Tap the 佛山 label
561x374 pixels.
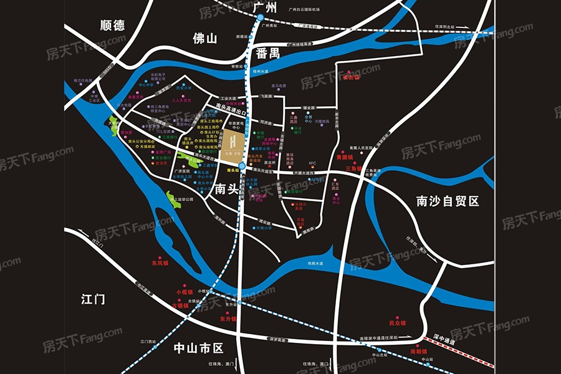tap(204, 39)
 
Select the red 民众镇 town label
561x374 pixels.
tap(397, 323)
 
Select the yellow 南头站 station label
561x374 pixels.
tap(234, 170)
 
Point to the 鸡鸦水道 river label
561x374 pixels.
tap(317, 264)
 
